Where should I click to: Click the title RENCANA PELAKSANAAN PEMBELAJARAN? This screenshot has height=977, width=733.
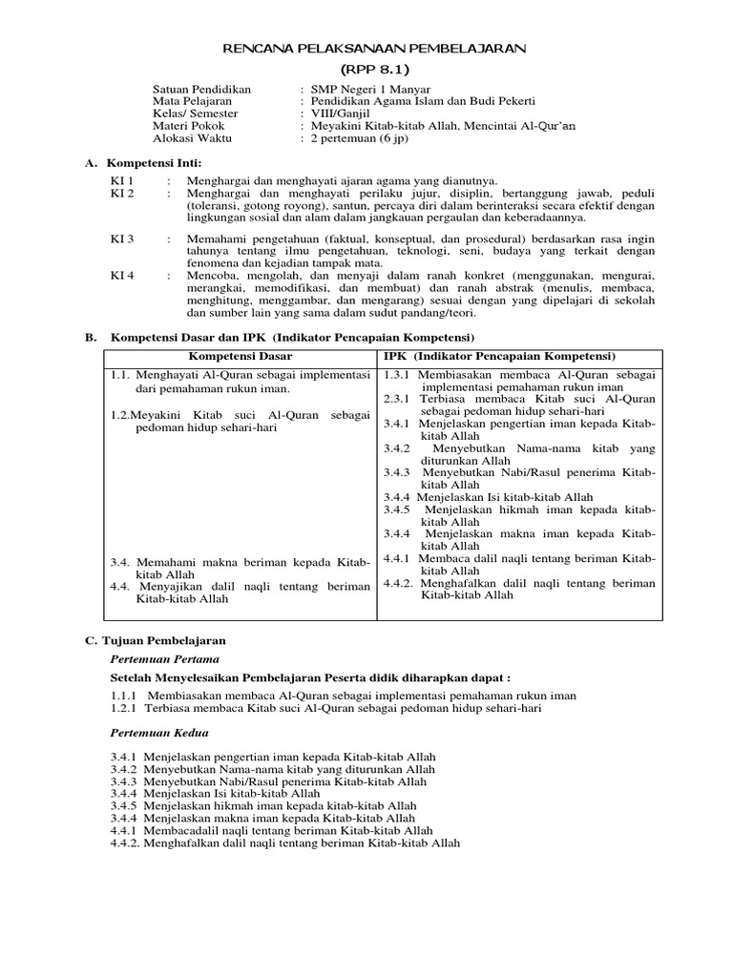coord(374,48)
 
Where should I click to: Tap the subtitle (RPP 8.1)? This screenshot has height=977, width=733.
coord(374,70)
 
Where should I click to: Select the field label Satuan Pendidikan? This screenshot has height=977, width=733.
coord(201,89)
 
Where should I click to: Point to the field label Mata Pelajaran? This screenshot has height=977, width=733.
coord(194,101)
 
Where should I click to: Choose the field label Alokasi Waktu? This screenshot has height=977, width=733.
coord(192,138)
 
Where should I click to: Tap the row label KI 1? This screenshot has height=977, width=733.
coord(122,180)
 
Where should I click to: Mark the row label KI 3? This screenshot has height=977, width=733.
coord(122,239)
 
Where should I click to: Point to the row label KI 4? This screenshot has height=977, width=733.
coord(122,276)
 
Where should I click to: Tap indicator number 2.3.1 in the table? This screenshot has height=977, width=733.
coord(397,399)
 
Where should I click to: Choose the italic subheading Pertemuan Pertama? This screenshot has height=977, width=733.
coord(165,658)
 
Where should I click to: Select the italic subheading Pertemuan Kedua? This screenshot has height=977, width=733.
coord(159,733)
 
